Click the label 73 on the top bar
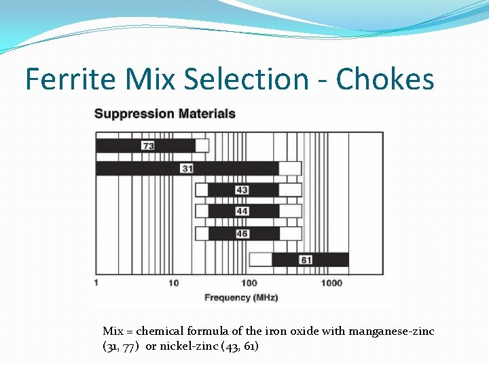click(148, 146)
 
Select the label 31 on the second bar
click(187, 168)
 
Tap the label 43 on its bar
click(242, 190)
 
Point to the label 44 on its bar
click(242, 211)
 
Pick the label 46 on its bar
click(242, 234)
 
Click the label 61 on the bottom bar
click(306, 260)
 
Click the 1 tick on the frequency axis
click(96, 283)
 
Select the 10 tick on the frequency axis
click(174, 283)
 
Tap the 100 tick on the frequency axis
click(249, 283)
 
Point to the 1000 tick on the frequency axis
click(331, 283)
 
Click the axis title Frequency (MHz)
click(241, 298)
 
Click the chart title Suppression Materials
click(165, 114)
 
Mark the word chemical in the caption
click(160, 331)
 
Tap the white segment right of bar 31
click(291, 168)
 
